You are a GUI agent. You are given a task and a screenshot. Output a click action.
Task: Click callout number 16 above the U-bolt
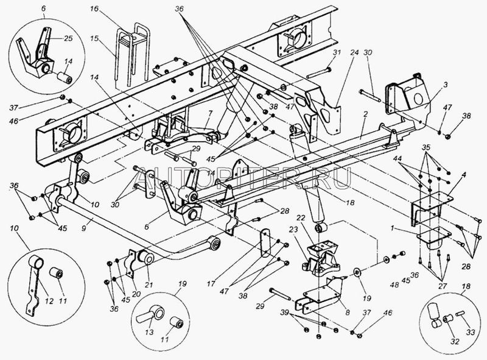[x=93, y=10]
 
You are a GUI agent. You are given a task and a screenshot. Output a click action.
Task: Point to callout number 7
[x=209, y=113]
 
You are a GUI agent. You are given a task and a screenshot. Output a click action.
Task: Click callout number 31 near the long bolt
[x=335, y=53]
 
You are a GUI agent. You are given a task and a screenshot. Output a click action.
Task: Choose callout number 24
[x=353, y=53]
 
